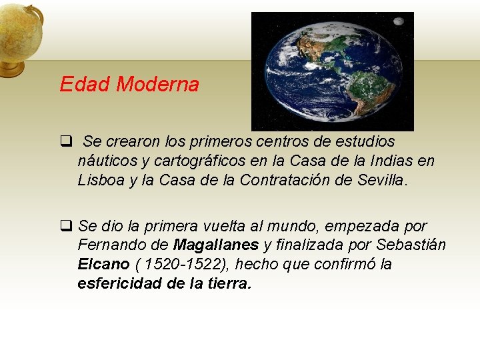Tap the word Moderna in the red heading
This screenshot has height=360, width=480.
click(x=157, y=85)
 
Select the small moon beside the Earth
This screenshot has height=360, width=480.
click(x=399, y=21)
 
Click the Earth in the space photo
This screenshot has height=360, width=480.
click(x=332, y=69)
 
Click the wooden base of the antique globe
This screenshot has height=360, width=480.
click(x=12, y=69)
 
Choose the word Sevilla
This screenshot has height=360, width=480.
click(x=381, y=180)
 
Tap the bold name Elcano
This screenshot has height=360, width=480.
click(x=103, y=264)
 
